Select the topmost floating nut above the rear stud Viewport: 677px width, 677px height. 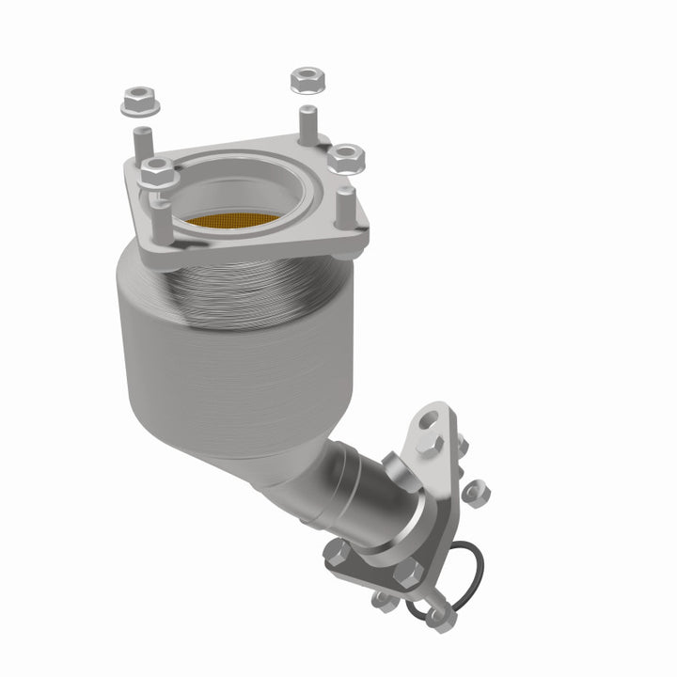tap(307, 80)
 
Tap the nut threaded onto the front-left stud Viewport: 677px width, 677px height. tap(158, 172)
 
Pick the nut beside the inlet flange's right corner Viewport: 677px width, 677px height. tap(347, 156)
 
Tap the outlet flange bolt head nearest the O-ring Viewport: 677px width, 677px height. tap(410, 574)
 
